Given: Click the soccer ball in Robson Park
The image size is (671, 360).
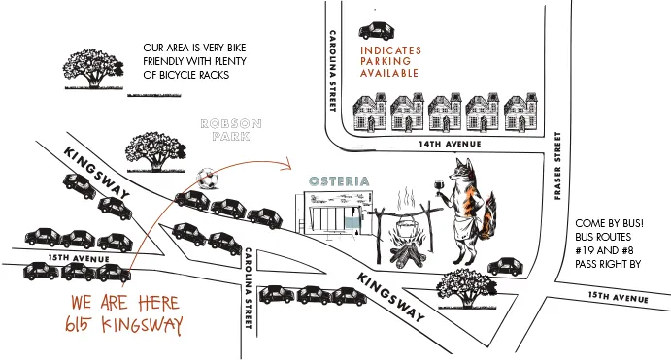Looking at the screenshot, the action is coord(207,179).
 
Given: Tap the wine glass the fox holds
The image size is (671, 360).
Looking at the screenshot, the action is coord(439,187).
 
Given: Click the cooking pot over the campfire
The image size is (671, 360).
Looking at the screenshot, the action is coord(405,224).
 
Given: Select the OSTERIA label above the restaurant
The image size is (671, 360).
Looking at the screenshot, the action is coord(339,181).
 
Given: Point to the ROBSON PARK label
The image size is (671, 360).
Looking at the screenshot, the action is coord(231,130).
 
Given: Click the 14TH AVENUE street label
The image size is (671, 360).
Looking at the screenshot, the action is coord(450,144).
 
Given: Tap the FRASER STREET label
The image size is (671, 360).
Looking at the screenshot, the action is coord(557,166).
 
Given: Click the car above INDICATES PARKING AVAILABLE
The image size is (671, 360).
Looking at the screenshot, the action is coord(377,31).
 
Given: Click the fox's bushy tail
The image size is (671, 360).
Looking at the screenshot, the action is coord(488,216).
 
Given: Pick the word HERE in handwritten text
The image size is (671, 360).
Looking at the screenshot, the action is coord(158,303).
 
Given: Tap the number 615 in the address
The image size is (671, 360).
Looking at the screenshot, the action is coord(78,324).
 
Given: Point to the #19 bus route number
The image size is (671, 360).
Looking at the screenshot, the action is coord(584,250).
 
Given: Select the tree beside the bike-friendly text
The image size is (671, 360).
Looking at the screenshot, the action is coord(94,69).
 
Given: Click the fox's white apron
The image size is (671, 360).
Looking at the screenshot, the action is coord(465,227).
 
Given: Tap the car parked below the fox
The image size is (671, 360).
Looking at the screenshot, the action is coord(505,267).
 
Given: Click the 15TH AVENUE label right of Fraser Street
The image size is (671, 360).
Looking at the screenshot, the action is coord(618,297).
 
